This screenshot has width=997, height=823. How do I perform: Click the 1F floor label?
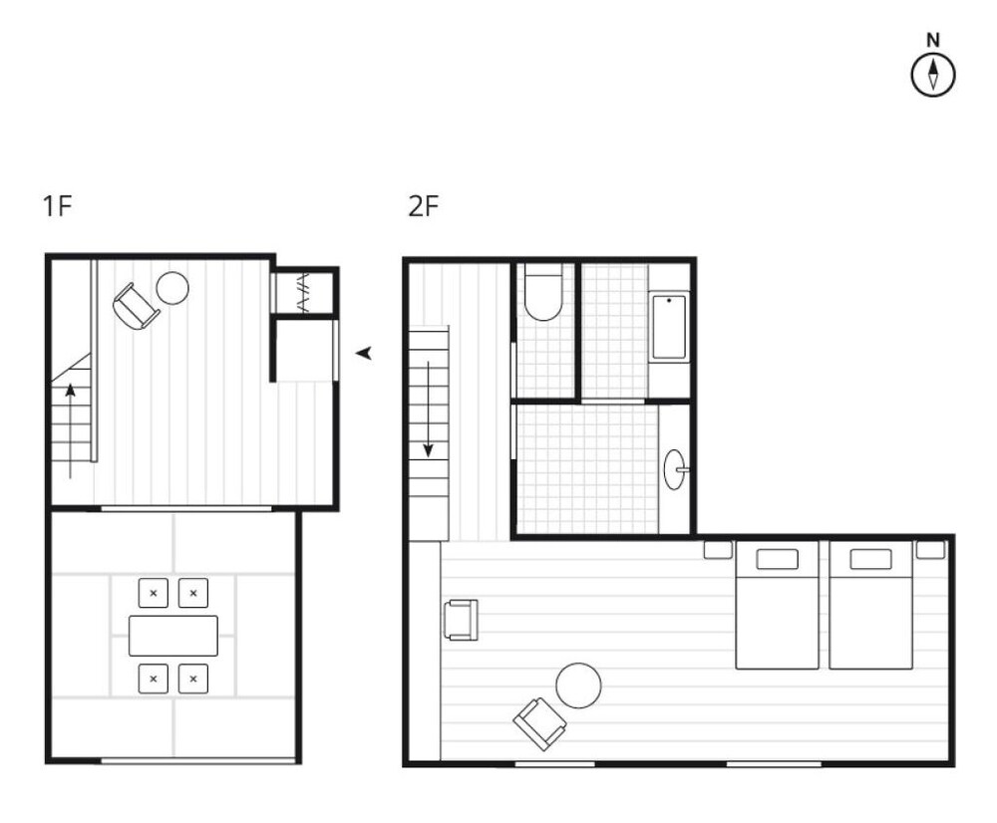click(57, 206)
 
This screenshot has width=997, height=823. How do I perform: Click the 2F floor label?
click(424, 206)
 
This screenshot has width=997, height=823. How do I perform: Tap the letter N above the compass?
click(933, 41)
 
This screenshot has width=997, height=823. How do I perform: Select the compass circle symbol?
click(933, 75)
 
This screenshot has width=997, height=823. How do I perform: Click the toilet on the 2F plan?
click(543, 292)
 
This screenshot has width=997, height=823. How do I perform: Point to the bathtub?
click(669, 327)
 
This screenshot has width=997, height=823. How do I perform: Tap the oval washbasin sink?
click(675, 469)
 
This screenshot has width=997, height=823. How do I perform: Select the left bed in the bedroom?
click(777, 605)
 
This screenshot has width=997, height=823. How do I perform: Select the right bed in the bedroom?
click(870, 605)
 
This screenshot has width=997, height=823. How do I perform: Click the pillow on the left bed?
click(777, 559)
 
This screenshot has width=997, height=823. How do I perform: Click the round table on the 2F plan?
click(578, 686)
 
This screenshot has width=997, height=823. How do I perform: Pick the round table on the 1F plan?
click(172, 288)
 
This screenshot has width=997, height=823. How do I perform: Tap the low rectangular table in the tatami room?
click(172, 636)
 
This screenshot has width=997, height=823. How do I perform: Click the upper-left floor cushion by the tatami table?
click(154, 593)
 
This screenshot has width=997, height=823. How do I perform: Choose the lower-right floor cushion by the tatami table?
click(193, 679)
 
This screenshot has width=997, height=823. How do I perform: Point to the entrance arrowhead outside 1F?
click(364, 353)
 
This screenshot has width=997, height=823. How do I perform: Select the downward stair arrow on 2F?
click(429, 410)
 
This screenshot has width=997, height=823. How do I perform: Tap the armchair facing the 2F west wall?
click(461, 620)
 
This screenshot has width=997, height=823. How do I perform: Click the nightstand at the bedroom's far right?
click(930, 550)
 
